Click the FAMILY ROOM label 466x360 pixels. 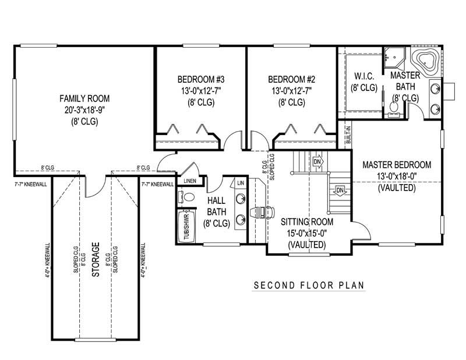click(85, 98)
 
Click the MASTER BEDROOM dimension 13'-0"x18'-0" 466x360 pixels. click(396, 177)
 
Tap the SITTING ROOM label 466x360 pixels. click(306, 222)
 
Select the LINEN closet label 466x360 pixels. click(190, 181)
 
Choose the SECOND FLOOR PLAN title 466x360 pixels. click(309, 285)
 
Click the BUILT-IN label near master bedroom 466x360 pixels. click(348, 136)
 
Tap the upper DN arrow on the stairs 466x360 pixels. click(317, 161)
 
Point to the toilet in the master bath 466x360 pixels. click(394, 107)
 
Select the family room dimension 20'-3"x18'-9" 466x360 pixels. click(85, 110)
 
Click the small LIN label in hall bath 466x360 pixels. click(240, 183)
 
